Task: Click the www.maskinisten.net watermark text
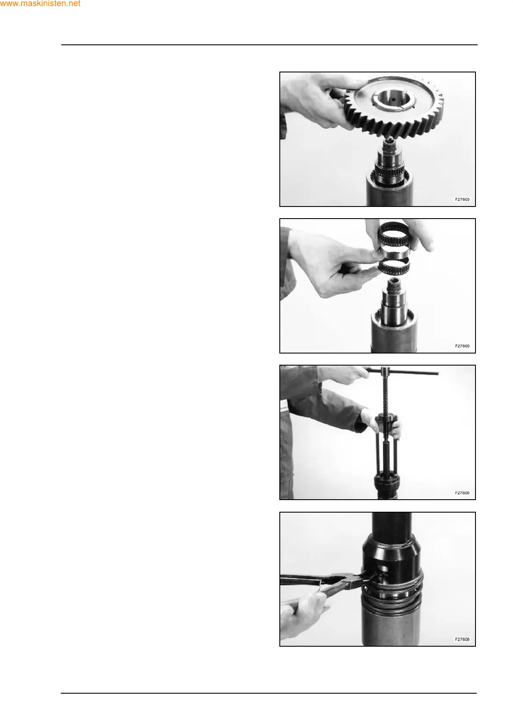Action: point(40,4)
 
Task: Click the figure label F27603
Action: point(462,199)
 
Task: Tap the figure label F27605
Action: point(462,346)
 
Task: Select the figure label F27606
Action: point(462,493)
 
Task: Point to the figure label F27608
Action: point(462,639)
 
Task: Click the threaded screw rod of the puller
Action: point(387,395)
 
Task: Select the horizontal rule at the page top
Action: point(269,45)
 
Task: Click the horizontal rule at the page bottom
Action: point(269,693)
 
